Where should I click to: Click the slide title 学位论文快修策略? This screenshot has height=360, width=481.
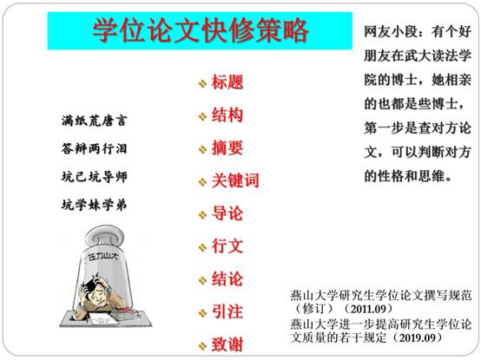(x=201, y=30)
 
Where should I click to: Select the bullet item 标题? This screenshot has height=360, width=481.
(x=227, y=82)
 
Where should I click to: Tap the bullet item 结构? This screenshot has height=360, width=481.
(x=227, y=115)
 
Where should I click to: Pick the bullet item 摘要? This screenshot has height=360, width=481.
(x=227, y=147)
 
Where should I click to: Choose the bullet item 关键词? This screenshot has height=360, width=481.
(x=235, y=180)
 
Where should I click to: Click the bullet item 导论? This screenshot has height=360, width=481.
(x=227, y=213)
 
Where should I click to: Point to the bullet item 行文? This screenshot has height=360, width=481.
(x=227, y=246)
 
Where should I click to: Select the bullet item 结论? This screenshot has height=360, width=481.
(x=227, y=278)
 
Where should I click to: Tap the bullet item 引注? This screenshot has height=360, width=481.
(x=227, y=311)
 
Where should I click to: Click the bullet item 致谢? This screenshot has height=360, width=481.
(x=227, y=344)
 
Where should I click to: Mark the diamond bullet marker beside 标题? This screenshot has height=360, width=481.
(x=202, y=83)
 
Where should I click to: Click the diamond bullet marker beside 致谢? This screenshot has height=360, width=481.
(x=202, y=346)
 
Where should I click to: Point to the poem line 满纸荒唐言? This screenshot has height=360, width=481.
(x=94, y=121)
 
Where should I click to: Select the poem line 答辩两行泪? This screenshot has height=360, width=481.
(x=94, y=148)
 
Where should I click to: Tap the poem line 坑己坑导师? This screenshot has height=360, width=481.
(x=94, y=177)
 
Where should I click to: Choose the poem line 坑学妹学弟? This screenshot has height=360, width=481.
(x=94, y=205)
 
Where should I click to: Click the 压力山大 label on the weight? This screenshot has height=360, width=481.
(x=102, y=256)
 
